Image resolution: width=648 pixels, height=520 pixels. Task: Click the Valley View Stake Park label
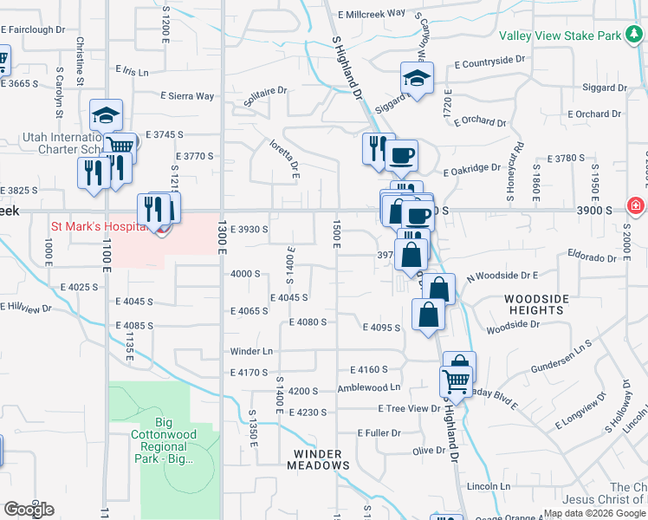567,36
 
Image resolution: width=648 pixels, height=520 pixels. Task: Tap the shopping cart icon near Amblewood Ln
456,380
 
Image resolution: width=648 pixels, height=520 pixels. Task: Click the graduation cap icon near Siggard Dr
417,80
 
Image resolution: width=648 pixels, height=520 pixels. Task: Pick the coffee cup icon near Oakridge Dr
401,156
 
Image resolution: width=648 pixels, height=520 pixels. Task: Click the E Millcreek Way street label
372,14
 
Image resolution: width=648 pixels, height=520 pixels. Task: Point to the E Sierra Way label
187,96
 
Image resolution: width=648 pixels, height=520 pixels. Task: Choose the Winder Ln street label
251,351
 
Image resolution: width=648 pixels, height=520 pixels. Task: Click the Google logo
29,509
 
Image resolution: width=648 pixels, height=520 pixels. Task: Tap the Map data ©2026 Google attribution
594,513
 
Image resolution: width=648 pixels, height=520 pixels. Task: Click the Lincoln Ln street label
488,486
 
